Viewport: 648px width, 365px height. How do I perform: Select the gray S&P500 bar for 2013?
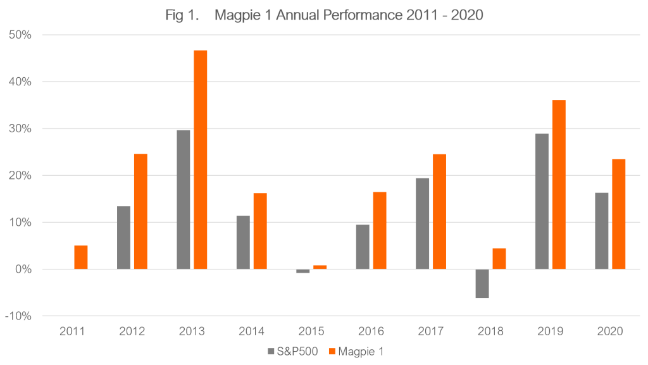[183, 199]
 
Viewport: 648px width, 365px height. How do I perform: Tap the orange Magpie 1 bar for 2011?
[81, 257]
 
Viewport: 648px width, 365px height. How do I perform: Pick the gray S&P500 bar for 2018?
[482, 283]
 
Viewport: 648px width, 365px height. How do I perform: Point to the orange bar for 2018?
[499, 259]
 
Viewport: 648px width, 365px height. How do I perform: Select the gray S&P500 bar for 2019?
[542, 201]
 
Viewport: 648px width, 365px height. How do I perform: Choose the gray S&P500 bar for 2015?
[302, 271]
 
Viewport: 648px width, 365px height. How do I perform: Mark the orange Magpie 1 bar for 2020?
[618, 214]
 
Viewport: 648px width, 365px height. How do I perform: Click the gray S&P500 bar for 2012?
[123, 238]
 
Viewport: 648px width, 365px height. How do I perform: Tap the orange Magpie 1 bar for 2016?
[380, 230]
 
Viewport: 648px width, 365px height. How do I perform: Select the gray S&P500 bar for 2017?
[422, 223]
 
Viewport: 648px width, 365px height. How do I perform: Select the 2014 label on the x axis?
[251, 331]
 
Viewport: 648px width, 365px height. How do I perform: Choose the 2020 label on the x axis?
[609, 331]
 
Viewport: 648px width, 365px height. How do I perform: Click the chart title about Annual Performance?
[324, 15]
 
